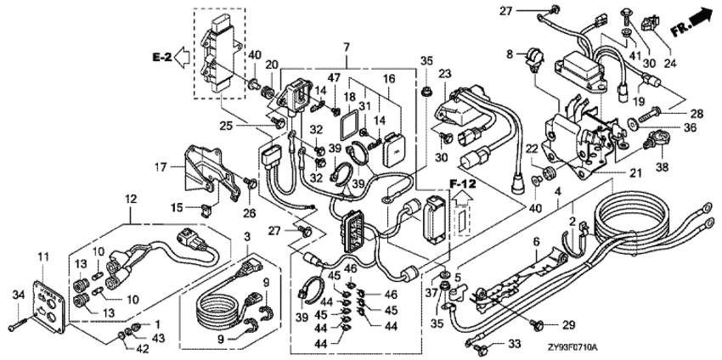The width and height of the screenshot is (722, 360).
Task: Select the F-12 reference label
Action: click(x=462, y=183)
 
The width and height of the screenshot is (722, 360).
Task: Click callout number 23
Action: click(x=443, y=74)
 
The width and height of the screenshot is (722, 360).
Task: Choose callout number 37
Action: click(x=432, y=292)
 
